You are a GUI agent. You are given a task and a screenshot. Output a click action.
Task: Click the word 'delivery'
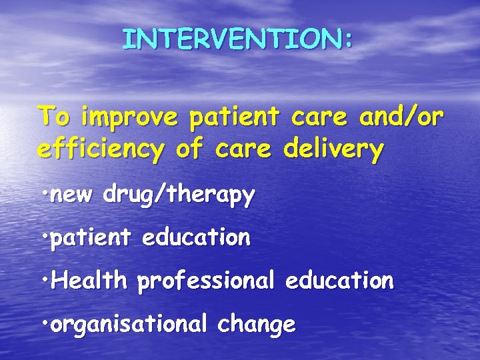333,150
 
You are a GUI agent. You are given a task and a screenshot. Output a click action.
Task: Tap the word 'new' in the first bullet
73,196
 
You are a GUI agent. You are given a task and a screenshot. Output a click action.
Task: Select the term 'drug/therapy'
179,196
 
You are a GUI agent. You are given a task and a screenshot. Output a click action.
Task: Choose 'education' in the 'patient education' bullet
196,237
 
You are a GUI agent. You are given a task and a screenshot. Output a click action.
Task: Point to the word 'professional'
205,281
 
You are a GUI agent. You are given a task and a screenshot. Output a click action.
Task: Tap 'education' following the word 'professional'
339,281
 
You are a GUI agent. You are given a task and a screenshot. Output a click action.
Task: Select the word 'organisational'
129,324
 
